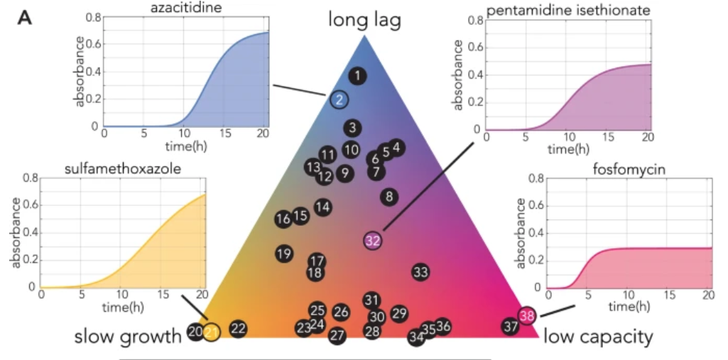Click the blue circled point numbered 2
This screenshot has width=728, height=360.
coord(339,100)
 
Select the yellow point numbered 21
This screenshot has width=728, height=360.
coord(211,331)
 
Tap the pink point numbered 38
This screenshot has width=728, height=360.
coord(526,316)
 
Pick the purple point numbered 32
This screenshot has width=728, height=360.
coord(373,241)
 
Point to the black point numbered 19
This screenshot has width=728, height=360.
coord(284,253)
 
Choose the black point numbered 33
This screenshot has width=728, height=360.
coord(420,271)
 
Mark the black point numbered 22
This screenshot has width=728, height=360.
coord(238,328)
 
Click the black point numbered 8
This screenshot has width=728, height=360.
coord(389,197)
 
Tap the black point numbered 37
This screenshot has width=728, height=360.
coord(511,327)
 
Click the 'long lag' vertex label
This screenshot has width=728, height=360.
coord(364,20)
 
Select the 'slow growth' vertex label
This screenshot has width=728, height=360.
coord(128,337)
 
